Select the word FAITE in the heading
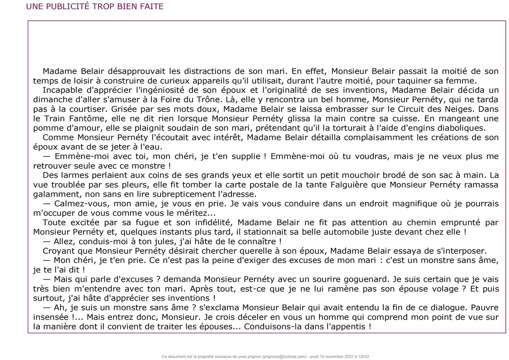click(151, 7)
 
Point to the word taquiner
click(424, 81)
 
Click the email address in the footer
click(284, 357)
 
